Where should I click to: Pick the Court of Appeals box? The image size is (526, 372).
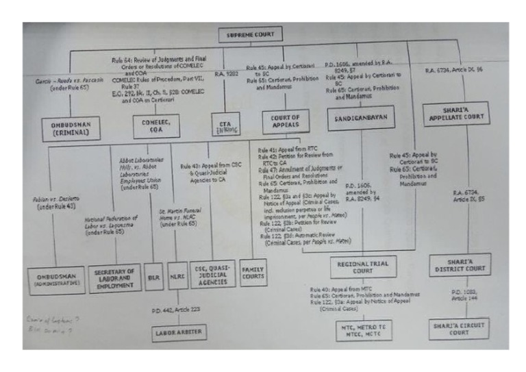pyautogui.click(x=281, y=122)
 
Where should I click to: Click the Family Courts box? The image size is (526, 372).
pyautogui.click(x=253, y=274)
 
